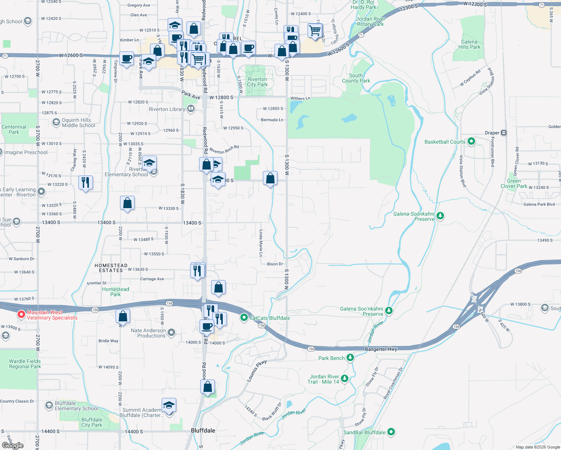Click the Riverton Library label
(x=167, y=109)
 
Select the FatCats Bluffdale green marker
(x=244, y=318)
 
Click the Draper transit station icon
(x=504, y=133)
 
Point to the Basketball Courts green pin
(x=471, y=141)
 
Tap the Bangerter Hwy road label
(x=381, y=349)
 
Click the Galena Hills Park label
(x=469, y=45)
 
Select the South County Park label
(x=356, y=78)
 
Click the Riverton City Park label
(x=257, y=82)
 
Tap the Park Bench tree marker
(x=350, y=357)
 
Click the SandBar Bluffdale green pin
(x=391, y=432)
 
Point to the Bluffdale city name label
(x=203, y=430)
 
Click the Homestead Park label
(x=115, y=292)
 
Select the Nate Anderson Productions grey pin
(x=171, y=332)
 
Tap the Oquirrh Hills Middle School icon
(x=56, y=122)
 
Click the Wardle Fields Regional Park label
(x=25, y=364)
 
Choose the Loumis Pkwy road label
(x=256, y=371)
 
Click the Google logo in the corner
(x=12, y=445)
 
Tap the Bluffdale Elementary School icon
(x=49, y=405)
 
